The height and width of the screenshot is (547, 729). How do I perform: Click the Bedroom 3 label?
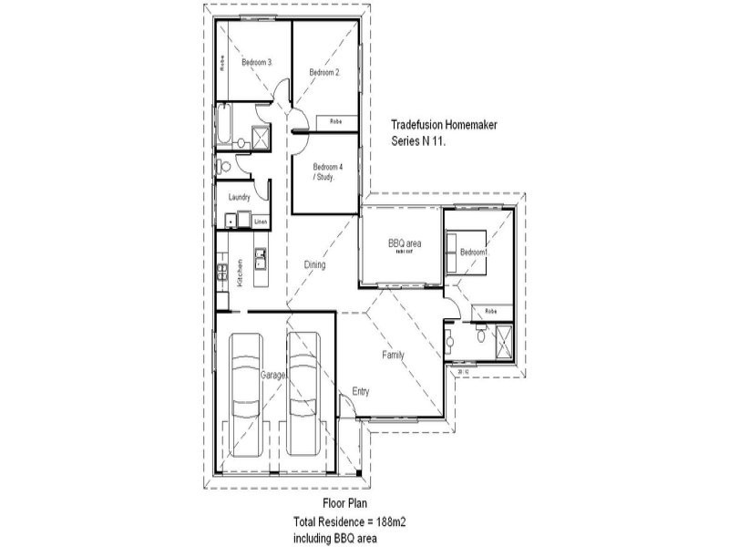coord(256,62)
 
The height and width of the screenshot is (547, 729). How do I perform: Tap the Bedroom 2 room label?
coord(323,72)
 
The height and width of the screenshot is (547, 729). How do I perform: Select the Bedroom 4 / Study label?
coord(325,171)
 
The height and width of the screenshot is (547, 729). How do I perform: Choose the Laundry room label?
coord(240,197)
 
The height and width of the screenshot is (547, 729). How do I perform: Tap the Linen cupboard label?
coord(260,222)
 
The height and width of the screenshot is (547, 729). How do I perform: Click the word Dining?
coord(314,264)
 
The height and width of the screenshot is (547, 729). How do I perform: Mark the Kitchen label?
coord(240,273)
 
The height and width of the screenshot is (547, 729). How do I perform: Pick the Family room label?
coord(394,355)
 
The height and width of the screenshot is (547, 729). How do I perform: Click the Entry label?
coord(361,392)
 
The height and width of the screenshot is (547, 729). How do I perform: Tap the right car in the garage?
coord(304,395)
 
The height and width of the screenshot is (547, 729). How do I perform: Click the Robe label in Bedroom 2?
coord(335,121)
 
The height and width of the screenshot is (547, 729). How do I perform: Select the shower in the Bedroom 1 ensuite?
coord(502,342)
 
